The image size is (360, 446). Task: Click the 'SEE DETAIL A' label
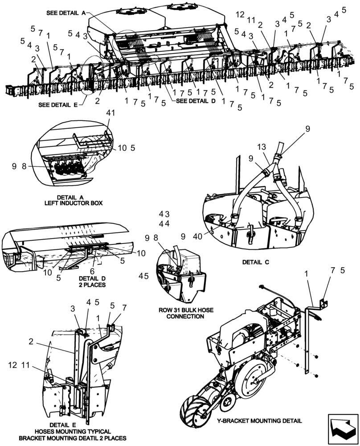coord(65,13)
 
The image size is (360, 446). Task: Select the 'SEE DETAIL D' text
coord(196,101)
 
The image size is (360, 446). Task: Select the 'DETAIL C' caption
coord(256,262)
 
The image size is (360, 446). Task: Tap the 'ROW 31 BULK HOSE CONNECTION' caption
coord(181,313)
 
